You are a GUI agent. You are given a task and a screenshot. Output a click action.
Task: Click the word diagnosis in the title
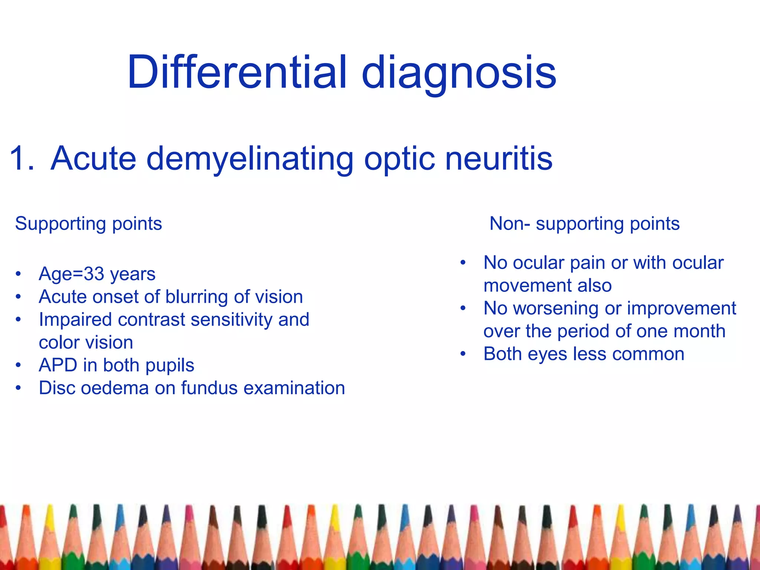tap(459, 73)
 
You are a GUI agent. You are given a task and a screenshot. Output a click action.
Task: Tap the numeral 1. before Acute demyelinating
tap(22, 158)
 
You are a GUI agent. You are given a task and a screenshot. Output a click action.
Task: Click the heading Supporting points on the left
tap(88, 223)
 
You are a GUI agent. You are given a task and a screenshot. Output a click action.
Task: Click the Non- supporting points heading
tap(584, 223)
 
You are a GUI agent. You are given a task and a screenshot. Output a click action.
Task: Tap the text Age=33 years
tap(97, 274)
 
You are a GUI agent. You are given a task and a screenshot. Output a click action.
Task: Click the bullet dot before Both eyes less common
tap(463, 354)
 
